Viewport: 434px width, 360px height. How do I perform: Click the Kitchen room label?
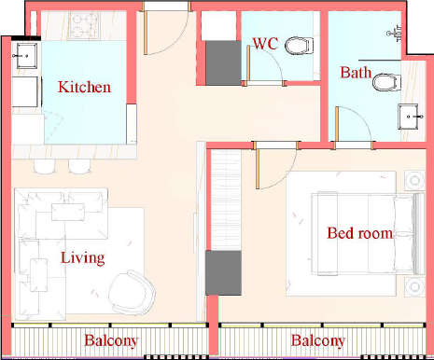pyautogui.click(x=84, y=87)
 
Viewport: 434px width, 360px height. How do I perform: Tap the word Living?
pyautogui.click(x=82, y=258)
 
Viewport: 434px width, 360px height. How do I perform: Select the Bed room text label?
pyautogui.click(x=359, y=233)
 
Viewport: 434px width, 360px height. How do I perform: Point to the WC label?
pyautogui.click(x=265, y=44)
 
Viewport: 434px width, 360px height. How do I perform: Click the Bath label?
pyautogui.click(x=356, y=73)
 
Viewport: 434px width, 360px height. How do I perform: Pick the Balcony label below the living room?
pyautogui.click(x=111, y=340)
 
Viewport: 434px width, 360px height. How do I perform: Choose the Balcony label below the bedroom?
pyautogui.click(x=318, y=340)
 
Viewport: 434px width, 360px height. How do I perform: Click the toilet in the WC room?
pyautogui.click(x=299, y=46)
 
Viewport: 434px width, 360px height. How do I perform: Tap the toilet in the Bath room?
pyautogui.click(x=386, y=82)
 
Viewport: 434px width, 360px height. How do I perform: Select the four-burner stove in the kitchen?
pyautogui.click(x=84, y=25)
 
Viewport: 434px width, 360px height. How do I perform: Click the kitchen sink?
pyautogui.click(x=27, y=56)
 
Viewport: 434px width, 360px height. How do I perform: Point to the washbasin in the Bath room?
pyautogui.click(x=409, y=117)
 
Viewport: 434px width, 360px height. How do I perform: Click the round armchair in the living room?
pyautogui.click(x=133, y=293)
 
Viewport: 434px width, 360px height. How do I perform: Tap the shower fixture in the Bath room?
pyautogui.click(x=395, y=33)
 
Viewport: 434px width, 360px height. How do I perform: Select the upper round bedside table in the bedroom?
pyautogui.click(x=414, y=180)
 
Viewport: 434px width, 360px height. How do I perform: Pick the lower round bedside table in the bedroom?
pyautogui.click(x=414, y=286)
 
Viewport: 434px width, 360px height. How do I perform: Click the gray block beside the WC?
pyautogui.click(x=223, y=63)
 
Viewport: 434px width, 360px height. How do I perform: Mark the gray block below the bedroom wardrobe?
pyautogui.click(x=223, y=273)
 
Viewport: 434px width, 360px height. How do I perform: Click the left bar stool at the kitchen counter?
pyautogui.click(x=45, y=166)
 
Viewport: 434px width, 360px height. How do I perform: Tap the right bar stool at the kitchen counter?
pyautogui.click(x=79, y=166)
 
